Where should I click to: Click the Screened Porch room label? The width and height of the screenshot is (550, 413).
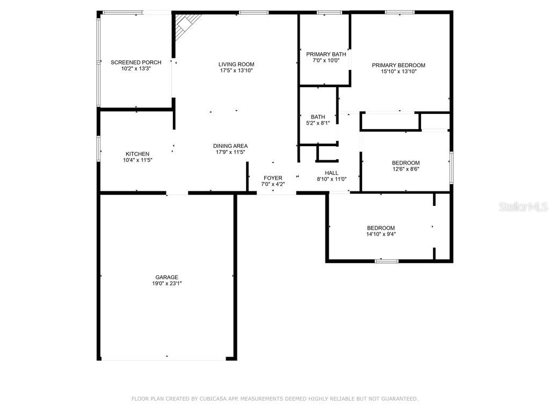(136, 62)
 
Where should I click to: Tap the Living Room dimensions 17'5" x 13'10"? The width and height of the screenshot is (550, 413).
(236, 70)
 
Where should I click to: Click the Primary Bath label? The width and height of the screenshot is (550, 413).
(326, 54)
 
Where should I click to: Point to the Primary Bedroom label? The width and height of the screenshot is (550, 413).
(399, 65)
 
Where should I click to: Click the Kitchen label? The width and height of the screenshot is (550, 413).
(137, 154)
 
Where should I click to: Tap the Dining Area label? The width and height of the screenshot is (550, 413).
(230, 146)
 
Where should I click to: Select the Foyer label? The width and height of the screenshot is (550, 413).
(273, 178)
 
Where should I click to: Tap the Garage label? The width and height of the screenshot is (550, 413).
(167, 277)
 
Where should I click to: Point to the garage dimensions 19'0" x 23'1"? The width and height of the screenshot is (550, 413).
(167, 283)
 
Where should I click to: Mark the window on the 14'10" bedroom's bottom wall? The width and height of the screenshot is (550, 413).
(387, 261)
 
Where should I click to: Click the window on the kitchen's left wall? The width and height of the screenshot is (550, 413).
(99, 148)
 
